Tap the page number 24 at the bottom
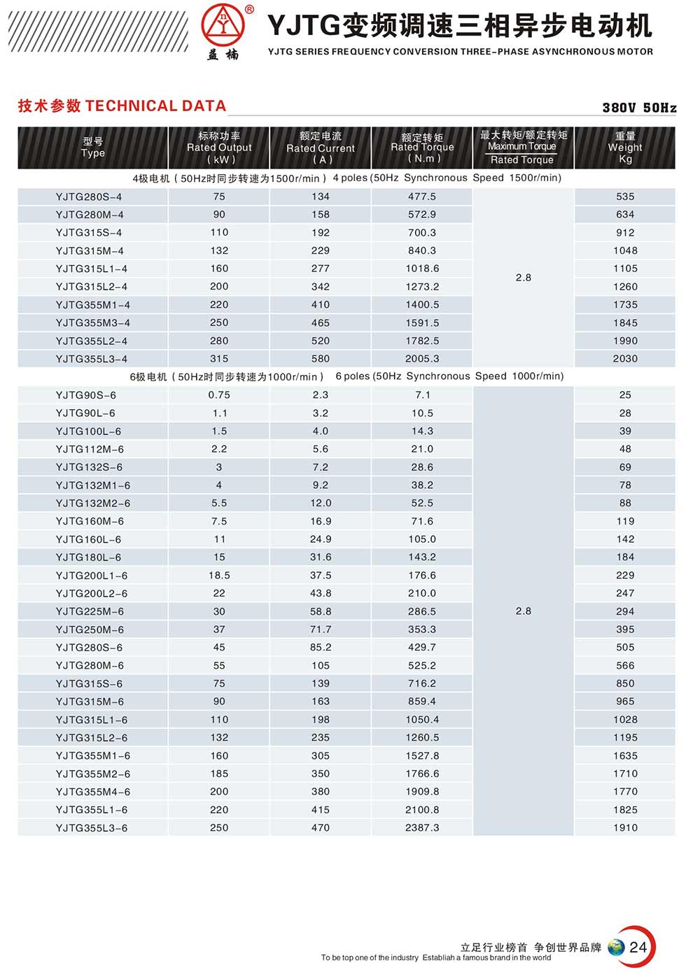[x=638, y=947]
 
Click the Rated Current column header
[x=321, y=148]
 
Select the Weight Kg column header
[x=625, y=148]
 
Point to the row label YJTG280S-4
[x=89, y=197]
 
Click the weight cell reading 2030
[x=625, y=359]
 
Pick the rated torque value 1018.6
[x=422, y=269]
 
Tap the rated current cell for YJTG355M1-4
[x=321, y=305]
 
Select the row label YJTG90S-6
[x=86, y=395]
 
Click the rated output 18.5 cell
[x=219, y=576]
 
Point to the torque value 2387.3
[x=422, y=827]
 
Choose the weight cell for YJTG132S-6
[x=625, y=467]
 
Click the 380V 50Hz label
[x=639, y=108]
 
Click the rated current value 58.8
[x=321, y=611]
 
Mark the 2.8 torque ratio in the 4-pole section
[x=524, y=278]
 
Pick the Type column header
[x=93, y=148]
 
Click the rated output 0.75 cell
[x=219, y=395]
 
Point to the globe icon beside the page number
[x=616, y=948]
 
